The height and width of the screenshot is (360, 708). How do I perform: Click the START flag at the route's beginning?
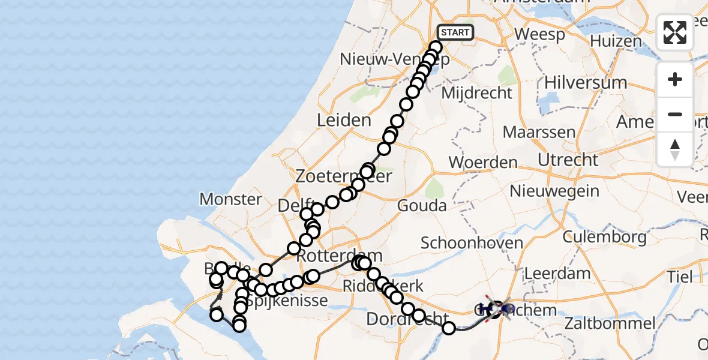point(455,32)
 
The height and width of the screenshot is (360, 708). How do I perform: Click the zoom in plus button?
point(675,80)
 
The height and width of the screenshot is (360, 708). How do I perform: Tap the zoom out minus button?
point(675,114)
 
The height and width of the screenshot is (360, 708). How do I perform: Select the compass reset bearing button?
point(675,149)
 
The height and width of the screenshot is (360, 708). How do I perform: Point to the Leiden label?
point(344,119)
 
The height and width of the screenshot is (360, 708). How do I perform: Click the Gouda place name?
point(422,206)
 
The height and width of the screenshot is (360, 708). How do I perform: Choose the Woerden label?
point(483,162)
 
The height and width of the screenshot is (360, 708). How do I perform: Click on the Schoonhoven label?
point(472,243)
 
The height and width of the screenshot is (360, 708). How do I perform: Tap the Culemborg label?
point(605,236)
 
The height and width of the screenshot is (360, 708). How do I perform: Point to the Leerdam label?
point(557,273)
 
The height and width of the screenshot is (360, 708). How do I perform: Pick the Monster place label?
point(231,199)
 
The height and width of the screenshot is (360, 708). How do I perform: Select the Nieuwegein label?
point(554,191)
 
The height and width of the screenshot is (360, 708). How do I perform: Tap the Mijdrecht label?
point(476,93)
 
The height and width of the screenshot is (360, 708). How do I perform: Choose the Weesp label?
point(539,34)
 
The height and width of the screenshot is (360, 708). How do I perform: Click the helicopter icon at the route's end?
point(497,310)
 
